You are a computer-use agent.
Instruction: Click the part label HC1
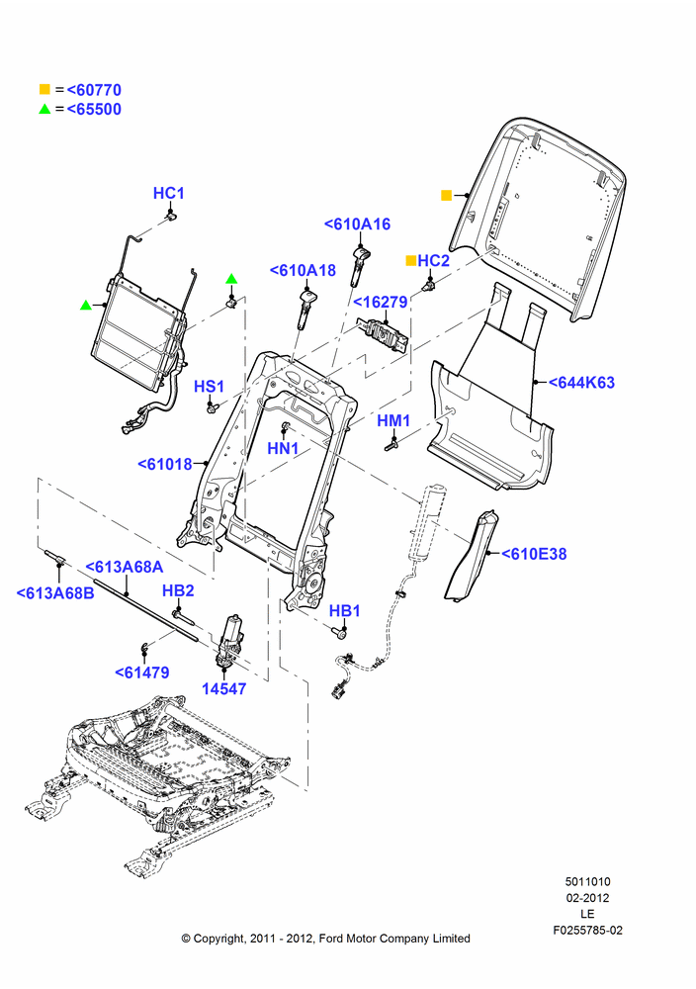[x=168, y=193]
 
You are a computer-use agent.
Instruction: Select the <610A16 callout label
[x=357, y=224]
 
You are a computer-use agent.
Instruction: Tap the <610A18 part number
[x=303, y=270]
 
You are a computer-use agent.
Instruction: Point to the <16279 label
[x=380, y=302]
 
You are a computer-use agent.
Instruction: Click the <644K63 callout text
[x=581, y=382]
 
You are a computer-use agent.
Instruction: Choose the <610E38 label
[x=534, y=554]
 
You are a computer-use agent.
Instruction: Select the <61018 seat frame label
[x=164, y=464]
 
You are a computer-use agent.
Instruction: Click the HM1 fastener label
[x=393, y=420]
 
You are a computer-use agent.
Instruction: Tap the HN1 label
[x=283, y=448]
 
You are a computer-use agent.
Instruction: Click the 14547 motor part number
[x=223, y=688]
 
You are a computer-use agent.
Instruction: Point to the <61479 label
[x=141, y=673]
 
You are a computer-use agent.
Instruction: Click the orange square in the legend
[x=44, y=90]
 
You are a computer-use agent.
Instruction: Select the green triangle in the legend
[x=44, y=109]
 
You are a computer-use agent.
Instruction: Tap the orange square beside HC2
[x=410, y=260]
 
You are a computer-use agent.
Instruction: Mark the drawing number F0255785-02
[x=587, y=931]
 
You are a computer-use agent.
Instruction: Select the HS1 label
[x=209, y=387]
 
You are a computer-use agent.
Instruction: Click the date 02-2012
[x=587, y=898]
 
